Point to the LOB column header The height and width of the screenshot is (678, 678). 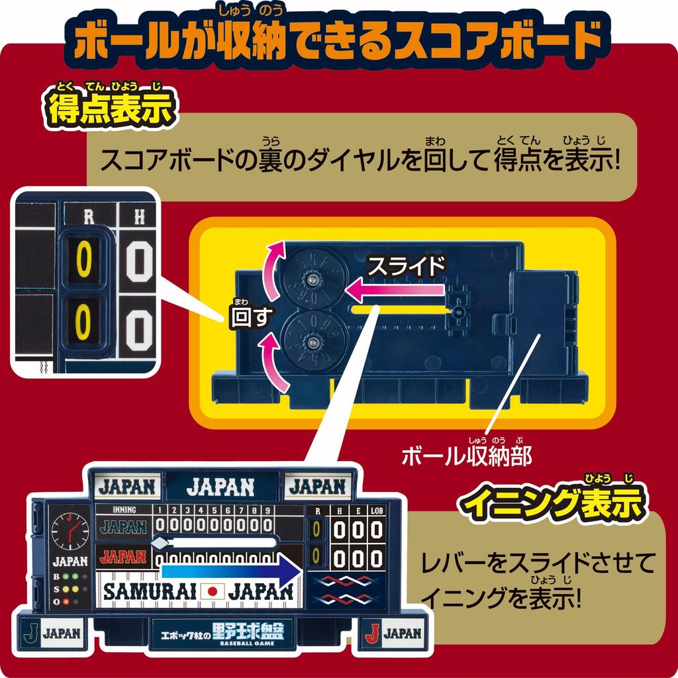click(377, 510)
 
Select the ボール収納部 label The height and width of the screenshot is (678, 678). click(467, 456)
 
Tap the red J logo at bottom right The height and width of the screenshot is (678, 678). click(373, 632)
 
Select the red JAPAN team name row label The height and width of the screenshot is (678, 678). click(123, 556)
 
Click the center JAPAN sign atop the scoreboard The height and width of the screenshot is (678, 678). click(220, 487)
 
